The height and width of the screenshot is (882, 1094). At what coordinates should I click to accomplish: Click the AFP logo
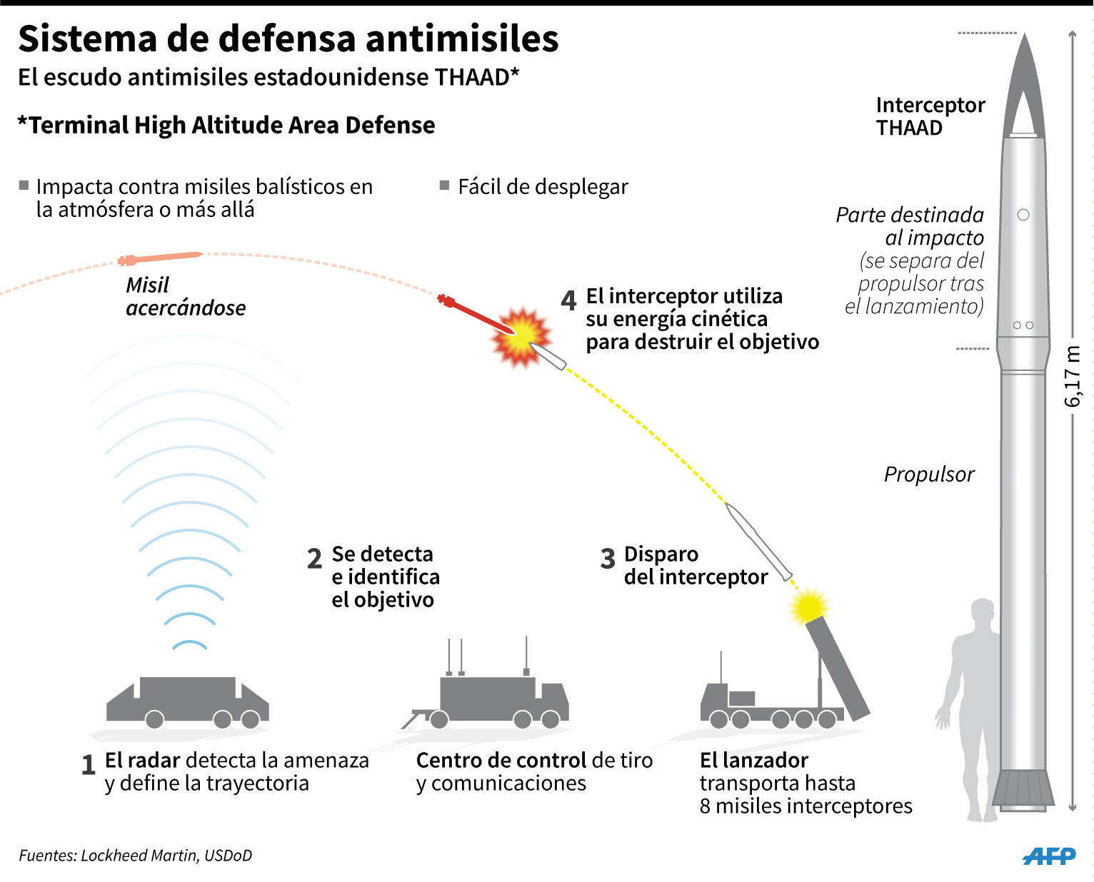(1049, 856)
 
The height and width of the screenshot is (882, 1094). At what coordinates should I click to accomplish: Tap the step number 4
(568, 300)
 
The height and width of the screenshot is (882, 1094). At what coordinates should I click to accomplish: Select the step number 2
(314, 558)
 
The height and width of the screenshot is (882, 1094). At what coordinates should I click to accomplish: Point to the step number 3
(608, 558)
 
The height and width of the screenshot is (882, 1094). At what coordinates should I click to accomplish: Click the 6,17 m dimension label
(1072, 377)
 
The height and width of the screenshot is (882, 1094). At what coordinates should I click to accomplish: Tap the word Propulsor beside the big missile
(929, 474)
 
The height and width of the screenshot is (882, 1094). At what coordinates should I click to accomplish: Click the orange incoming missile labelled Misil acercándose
(160, 258)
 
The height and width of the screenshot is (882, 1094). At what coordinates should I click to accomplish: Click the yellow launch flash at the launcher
(808, 607)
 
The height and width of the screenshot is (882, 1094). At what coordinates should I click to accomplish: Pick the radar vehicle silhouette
(188, 701)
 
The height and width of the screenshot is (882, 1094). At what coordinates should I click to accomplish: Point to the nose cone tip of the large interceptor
(1024, 34)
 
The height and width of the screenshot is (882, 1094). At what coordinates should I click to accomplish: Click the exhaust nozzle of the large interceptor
(1023, 789)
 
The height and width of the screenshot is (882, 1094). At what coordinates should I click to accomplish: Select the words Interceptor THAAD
(930, 116)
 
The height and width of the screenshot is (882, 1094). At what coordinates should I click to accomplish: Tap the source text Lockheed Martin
(139, 856)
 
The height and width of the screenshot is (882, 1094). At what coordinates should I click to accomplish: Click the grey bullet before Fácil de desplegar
(444, 185)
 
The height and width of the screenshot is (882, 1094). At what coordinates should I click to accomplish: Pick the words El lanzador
(754, 761)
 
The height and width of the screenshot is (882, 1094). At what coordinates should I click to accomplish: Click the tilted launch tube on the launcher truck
(838, 668)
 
